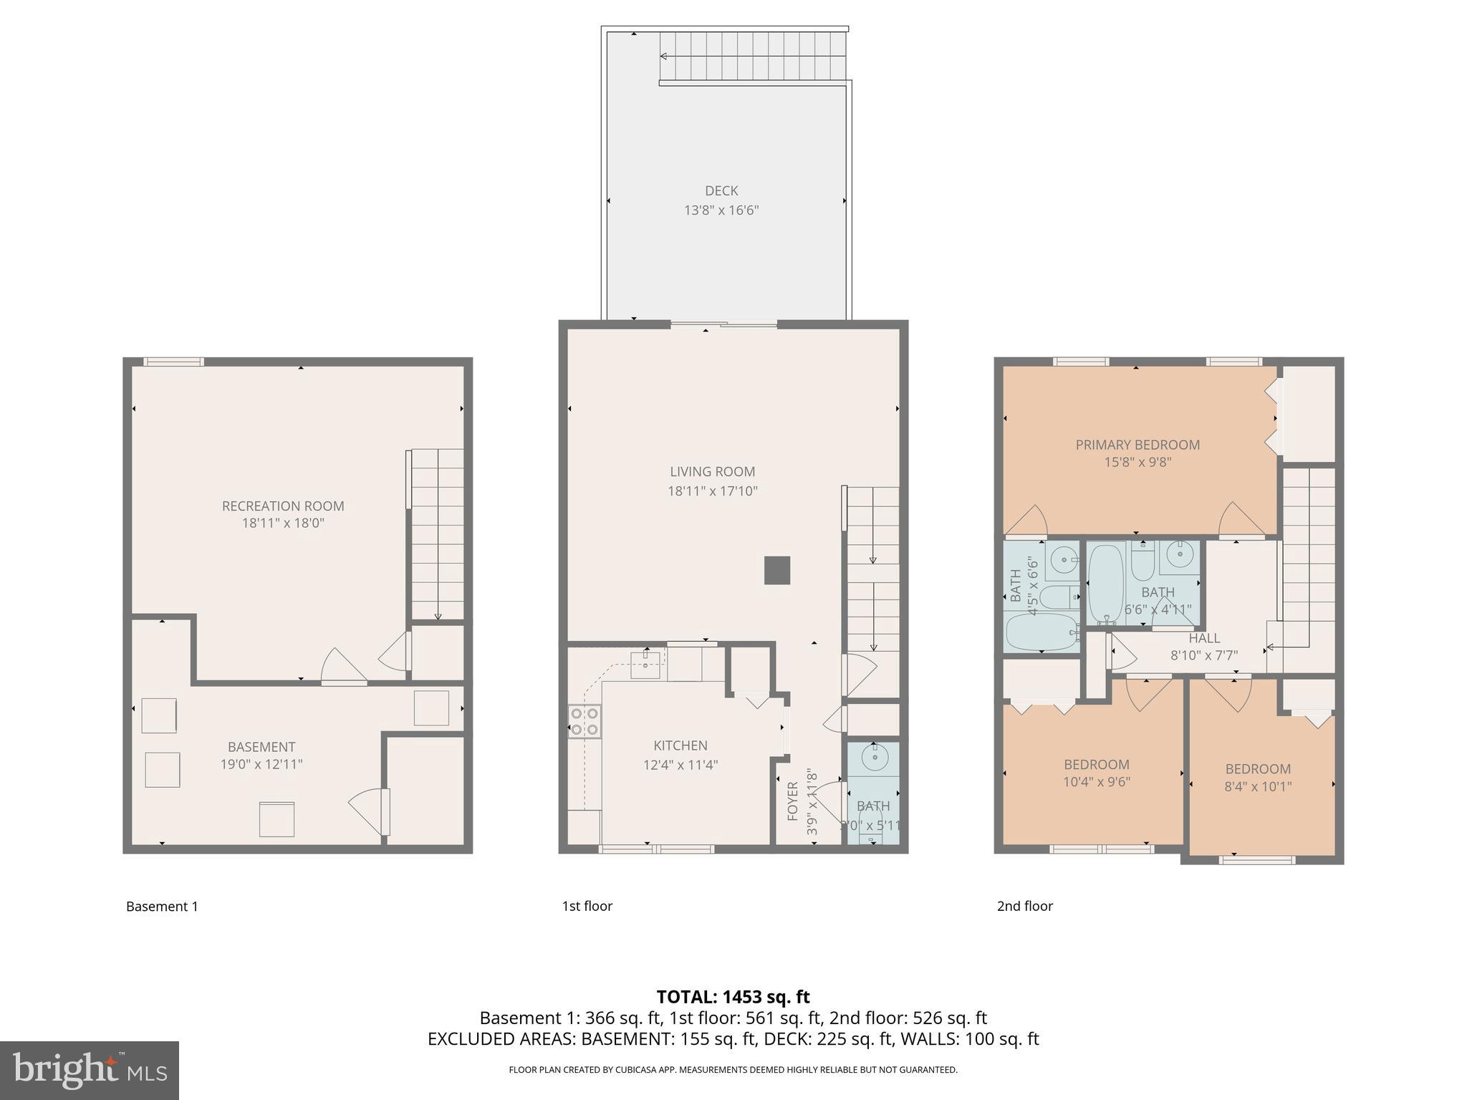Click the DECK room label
(x=721, y=190)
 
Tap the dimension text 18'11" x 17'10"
(x=712, y=491)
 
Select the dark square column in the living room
(x=777, y=570)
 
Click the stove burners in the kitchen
(x=584, y=721)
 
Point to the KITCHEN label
(x=680, y=746)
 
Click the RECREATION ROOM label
(x=283, y=506)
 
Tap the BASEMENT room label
(x=261, y=747)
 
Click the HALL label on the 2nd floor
(x=1204, y=638)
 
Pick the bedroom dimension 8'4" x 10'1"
(x=1258, y=786)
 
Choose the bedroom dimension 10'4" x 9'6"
(x=1096, y=782)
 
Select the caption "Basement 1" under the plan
(x=162, y=907)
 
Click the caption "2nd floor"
(x=1024, y=906)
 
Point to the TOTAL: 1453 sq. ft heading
(x=733, y=997)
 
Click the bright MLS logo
(x=89, y=1070)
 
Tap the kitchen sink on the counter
(x=645, y=665)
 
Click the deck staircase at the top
(x=752, y=56)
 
